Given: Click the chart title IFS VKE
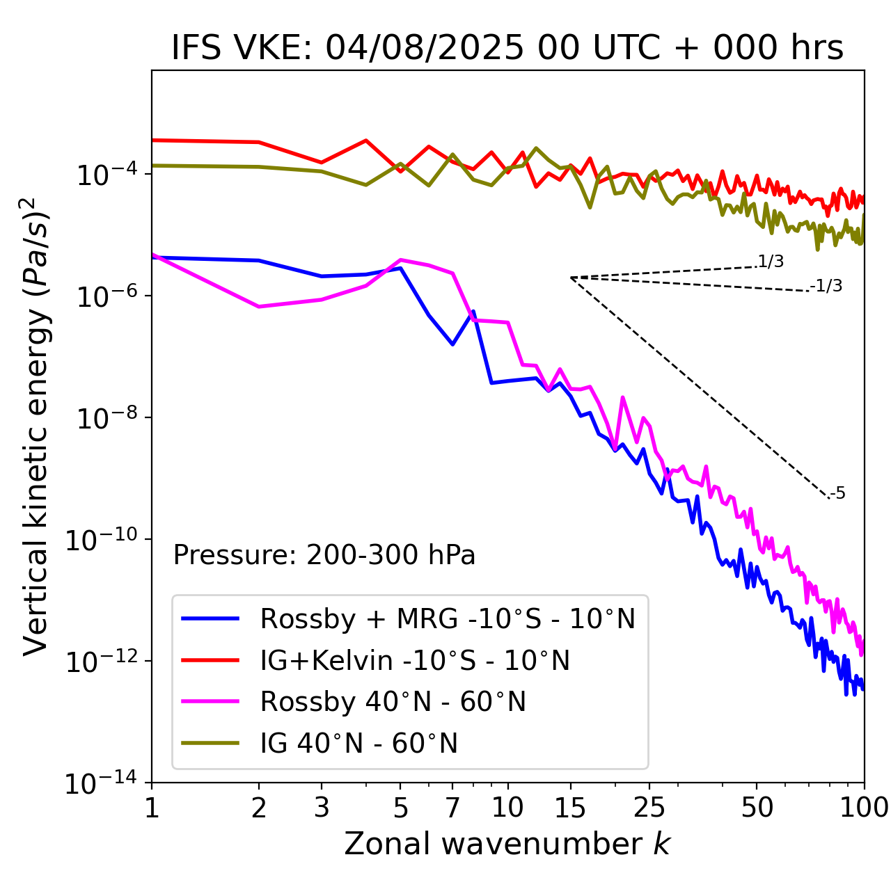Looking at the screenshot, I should coord(507,48).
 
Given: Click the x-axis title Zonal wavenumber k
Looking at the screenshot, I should coord(507,843).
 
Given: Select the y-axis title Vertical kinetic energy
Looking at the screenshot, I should coord(36,426).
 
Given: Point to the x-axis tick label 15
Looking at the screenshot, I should coord(570,807).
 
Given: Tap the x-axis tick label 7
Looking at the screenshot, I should coord(452,807).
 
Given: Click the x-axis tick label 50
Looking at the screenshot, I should coord(757,807).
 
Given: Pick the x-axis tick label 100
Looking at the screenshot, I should coord(864,807).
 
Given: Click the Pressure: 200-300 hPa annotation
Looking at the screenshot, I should coord(324,555).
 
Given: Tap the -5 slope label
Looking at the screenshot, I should coord(837,493).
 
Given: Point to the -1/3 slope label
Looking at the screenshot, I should coord(827,285).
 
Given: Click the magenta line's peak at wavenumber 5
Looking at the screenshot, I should coord(400,259).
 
